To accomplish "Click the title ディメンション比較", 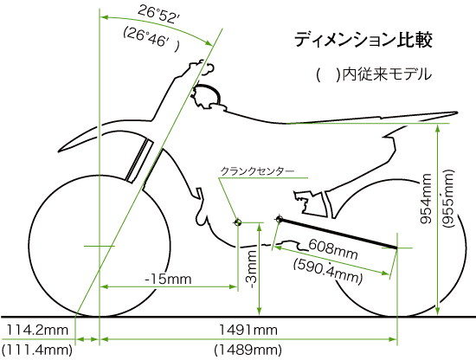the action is [363, 40].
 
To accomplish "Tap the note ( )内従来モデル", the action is [373, 74].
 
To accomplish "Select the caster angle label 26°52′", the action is [158, 16].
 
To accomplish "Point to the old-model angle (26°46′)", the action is [151, 39].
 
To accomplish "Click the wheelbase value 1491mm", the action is [248, 330].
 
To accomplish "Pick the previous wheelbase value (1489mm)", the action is [248, 350].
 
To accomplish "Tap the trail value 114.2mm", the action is [36, 330].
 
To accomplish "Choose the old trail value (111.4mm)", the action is [36, 350].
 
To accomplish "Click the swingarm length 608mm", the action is [333, 249].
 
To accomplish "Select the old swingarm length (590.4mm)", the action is [328, 271].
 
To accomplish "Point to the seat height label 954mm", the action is [426, 198].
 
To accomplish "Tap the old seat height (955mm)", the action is [448, 198].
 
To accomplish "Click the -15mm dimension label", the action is [168, 279].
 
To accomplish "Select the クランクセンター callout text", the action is [257, 171].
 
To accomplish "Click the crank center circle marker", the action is [238, 222].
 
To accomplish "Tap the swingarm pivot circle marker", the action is [280, 219].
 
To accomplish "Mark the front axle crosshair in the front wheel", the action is [100, 246].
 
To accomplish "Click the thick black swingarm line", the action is [338, 234].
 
